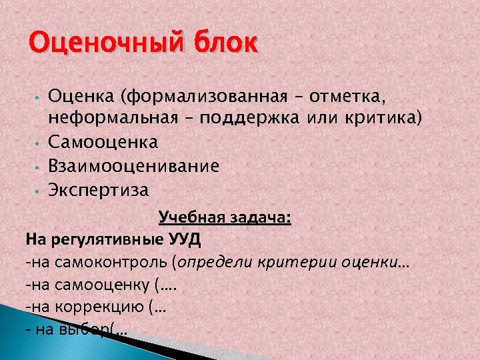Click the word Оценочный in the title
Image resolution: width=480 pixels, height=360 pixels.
click(89, 44)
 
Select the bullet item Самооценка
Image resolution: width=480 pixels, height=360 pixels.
click(103, 142)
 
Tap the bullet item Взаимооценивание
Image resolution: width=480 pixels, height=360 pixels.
click(133, 166)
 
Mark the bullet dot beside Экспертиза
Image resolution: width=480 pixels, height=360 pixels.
click(41, 191)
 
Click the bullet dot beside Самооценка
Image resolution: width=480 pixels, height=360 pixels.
click(41, 143)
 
